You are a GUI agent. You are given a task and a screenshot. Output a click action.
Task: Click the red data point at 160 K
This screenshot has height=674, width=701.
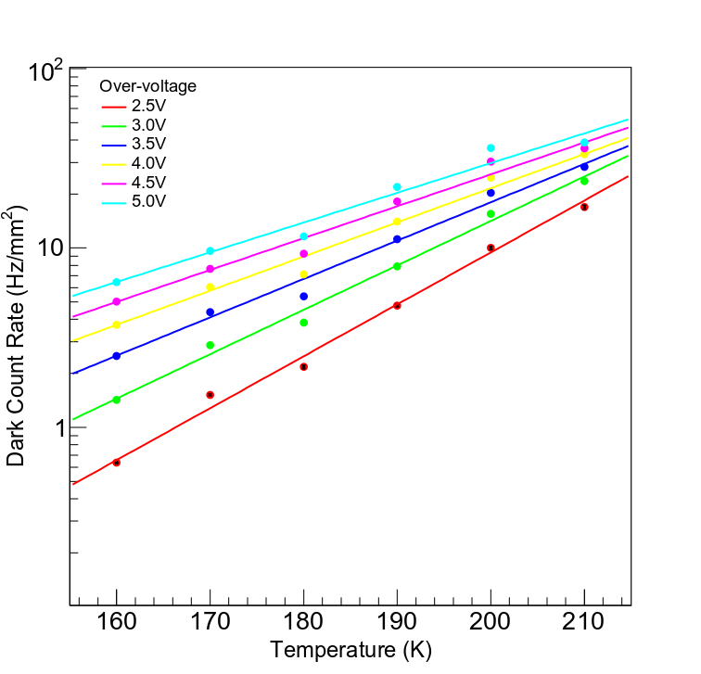[116, 462]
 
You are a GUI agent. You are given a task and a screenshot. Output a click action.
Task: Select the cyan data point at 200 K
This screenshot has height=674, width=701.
[491, 148]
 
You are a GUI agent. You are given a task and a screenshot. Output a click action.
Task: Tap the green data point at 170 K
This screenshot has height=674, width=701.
[210, 345]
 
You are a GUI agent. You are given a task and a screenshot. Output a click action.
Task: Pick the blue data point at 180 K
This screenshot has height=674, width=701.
[303, 297]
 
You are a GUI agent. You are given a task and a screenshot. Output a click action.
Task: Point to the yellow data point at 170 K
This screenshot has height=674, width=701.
[210, 287]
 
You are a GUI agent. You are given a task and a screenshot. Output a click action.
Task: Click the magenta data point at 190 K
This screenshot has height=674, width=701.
[397, 202]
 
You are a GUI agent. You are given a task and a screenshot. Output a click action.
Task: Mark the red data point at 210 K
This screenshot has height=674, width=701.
[584, 207]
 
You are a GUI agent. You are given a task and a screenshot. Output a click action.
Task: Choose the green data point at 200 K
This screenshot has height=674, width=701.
[491, 214]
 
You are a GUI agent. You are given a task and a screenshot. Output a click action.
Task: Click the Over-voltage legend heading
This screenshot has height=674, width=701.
[148, 86]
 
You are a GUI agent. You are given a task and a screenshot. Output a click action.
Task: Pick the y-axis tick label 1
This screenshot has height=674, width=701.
[55, 428]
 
